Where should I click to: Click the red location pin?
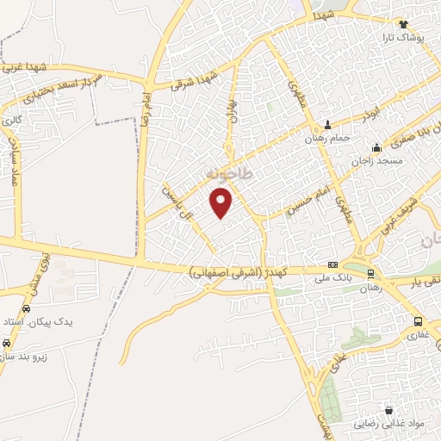[x=222, y=202]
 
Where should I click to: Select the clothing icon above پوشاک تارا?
[x=402, y=24]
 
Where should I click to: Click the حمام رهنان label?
[x=328, y=137]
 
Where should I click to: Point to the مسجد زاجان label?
[x=376, y=161]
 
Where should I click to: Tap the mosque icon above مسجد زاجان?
[x=376, y=147]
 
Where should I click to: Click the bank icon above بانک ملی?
[x=332, y=264]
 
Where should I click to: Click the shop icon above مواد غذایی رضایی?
[x=389, y=411]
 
